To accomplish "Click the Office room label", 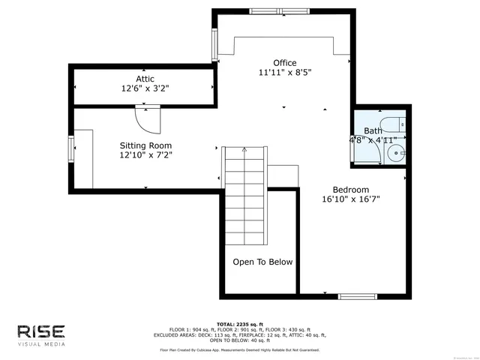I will [284, 63].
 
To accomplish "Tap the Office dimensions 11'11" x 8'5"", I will [284, 73].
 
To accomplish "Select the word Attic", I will [145, 78].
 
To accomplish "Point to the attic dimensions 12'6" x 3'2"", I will [145, 88].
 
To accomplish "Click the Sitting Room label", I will [145, 145].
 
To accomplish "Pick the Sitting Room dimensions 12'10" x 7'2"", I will [145, 155].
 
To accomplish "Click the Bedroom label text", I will [351, 190].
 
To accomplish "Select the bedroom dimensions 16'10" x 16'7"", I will [351, 199].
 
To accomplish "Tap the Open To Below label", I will [262, 262].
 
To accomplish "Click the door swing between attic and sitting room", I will [147, 119].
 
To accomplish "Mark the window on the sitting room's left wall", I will [71, 148].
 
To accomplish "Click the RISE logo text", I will [42, 331].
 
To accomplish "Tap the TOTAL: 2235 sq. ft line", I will [239, 322].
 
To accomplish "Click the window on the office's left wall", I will [215, 47].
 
